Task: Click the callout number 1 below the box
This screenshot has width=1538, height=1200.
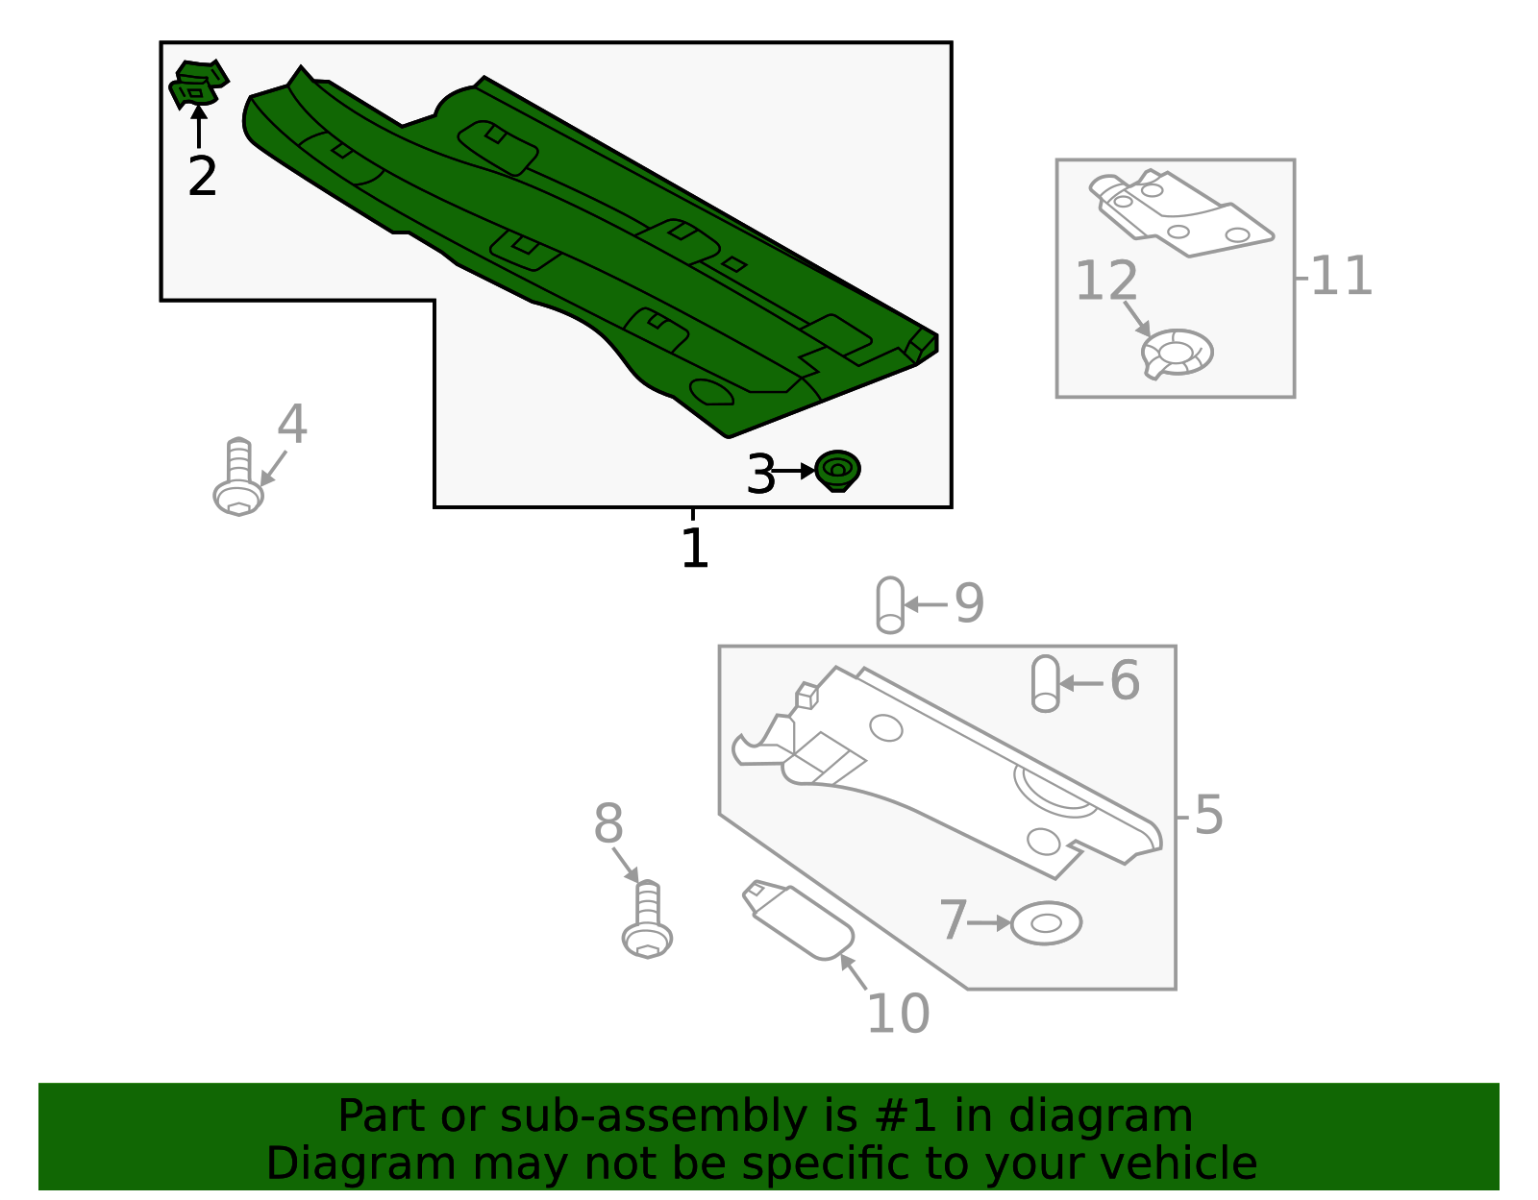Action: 694,549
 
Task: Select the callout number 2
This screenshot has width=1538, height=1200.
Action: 202,177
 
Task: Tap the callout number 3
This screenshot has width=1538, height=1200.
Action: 760,475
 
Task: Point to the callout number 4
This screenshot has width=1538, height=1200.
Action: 292,425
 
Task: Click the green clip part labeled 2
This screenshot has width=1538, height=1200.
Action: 198,85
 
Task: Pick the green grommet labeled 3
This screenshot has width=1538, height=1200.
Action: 837,470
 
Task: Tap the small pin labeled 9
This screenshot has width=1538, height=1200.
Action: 890,604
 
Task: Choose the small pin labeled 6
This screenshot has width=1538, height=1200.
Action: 1045,683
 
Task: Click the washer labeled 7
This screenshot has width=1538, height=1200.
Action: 1046,923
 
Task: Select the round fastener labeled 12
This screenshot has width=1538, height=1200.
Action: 1178,353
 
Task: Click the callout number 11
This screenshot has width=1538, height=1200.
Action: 1341,277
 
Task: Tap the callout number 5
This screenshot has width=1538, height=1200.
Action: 1208,816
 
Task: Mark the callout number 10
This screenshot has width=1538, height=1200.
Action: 898,1014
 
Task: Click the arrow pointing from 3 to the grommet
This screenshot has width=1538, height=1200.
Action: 794,471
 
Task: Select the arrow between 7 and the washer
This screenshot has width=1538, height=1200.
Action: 989,922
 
